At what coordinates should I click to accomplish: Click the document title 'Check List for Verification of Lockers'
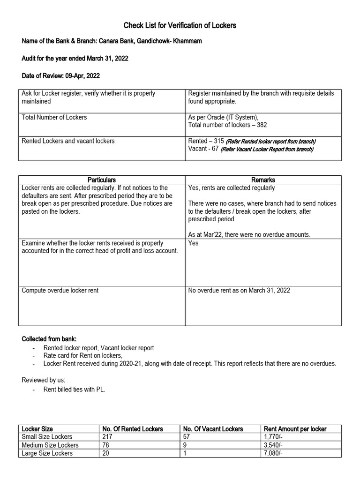(x=180, y=25)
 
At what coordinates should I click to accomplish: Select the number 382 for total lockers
(x=262, y=125)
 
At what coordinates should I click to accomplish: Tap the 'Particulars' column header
(x=102, y=180)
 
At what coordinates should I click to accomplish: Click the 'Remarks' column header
(x=263, y=180)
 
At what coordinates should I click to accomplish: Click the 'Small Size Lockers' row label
(x=47, y=437)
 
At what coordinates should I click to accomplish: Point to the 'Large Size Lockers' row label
(x=47, y=453)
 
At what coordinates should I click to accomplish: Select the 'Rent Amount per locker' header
(x=295, y=429)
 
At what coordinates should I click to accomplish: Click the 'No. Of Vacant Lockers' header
(x=213, y=429)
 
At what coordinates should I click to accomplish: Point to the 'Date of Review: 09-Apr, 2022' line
(x=61, y=75)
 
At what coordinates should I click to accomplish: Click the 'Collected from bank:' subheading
(x=51, y=339)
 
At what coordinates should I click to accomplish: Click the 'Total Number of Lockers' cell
(x=54, y=117)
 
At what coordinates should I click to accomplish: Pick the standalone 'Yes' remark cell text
(x=194, y=243)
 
